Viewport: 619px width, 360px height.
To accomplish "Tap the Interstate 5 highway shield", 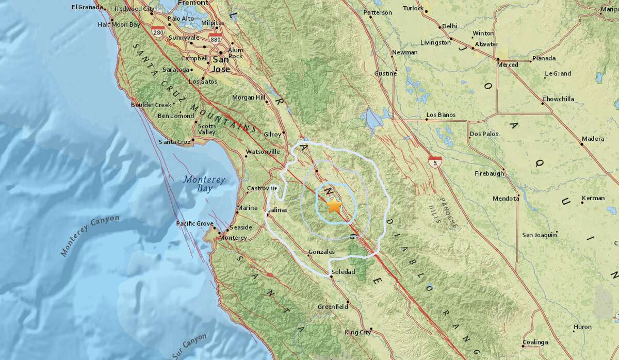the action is click(x=436, y=162).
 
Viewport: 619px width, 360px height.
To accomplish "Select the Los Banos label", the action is click(x=441, y=115).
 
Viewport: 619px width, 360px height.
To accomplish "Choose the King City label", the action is click(x=358, y=332).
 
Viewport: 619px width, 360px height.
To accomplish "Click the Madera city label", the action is click(x=592, y=139).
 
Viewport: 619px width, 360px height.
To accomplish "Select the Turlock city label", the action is click(x=413, y=8).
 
